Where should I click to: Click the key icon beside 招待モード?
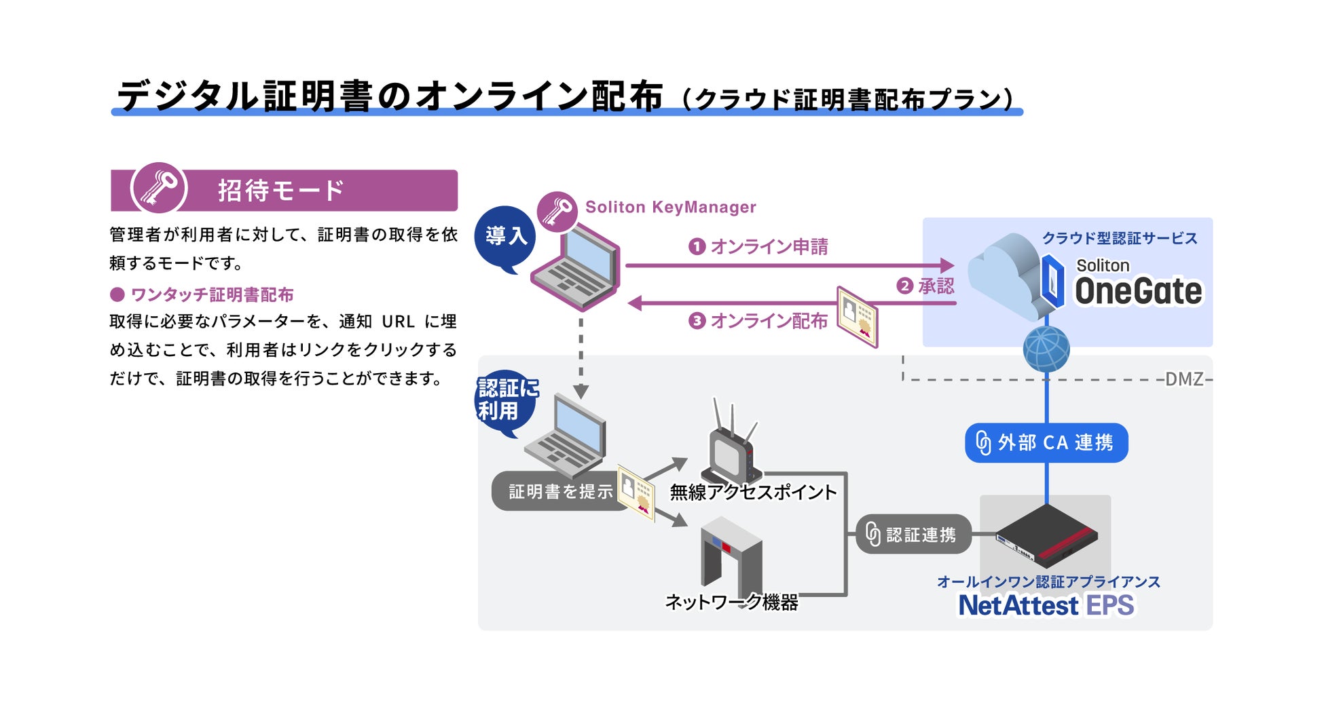point(159,189)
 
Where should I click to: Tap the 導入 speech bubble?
point(505,238)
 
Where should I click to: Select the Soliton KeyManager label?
point(670,207)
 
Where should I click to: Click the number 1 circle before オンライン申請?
point(697,246)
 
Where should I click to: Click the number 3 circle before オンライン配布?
point(697,320)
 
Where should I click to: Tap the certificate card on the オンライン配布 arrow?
point(857,317)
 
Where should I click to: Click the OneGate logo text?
point(1138,291)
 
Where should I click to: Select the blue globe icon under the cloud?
point(1046,349)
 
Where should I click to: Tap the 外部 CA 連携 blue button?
point(1046,443)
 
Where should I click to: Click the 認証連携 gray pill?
point(913,535)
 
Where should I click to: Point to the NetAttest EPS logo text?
point(1046,605)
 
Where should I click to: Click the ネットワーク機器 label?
point(731,602)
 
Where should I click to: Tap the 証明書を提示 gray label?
point(561,491)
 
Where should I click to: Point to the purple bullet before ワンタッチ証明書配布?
point(117,294)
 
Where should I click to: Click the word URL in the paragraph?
point(399,321)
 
